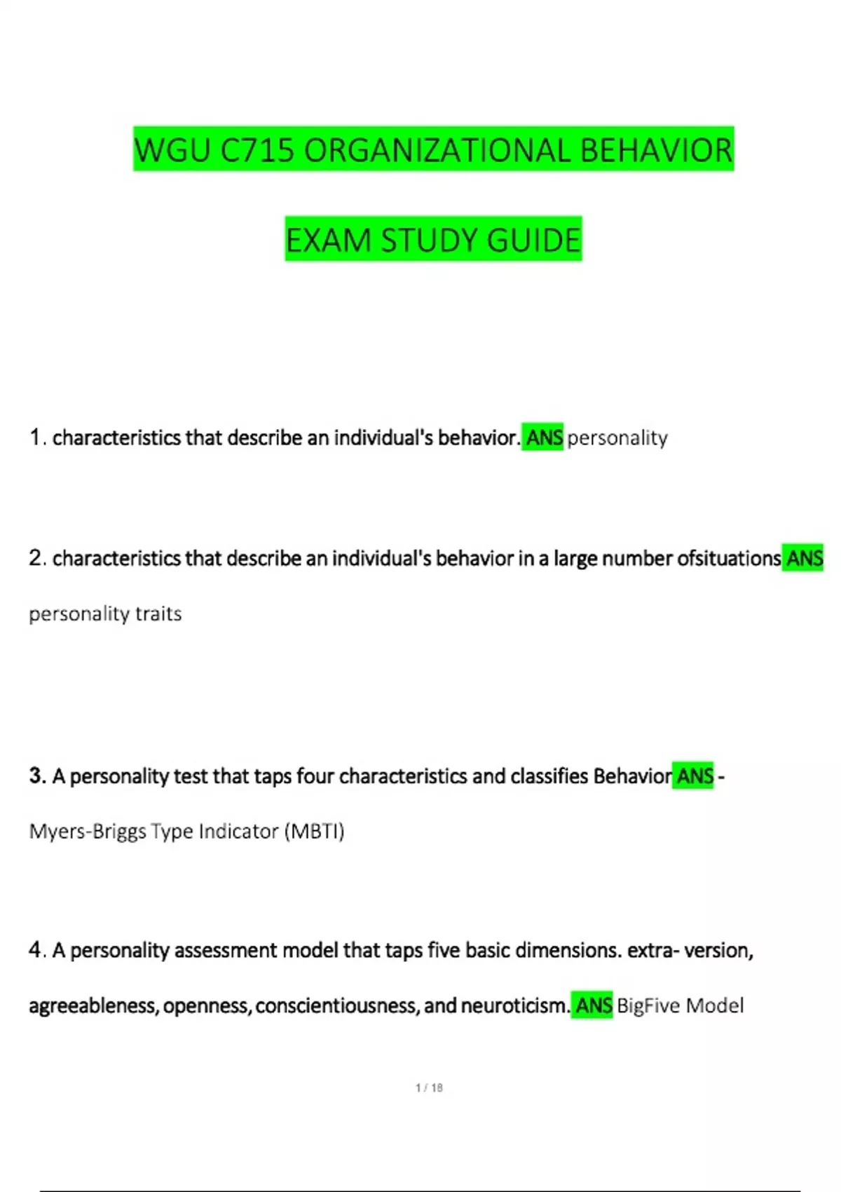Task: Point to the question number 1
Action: (x=35, y=438)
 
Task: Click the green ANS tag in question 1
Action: (x=544, y=438)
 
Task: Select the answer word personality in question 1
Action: (x=617, y=438)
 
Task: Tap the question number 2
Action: (x=36, y=558)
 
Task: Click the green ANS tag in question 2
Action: (x=804, y=558)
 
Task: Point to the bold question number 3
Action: (x=36, y=776)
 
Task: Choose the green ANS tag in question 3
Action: (x=695, y=776)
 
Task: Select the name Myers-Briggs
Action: (x=88, y=832)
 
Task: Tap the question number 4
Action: (x=36, y=950)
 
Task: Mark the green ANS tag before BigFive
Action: (x=593, y=1005)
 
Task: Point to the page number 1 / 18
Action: (x=429, y=1088)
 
